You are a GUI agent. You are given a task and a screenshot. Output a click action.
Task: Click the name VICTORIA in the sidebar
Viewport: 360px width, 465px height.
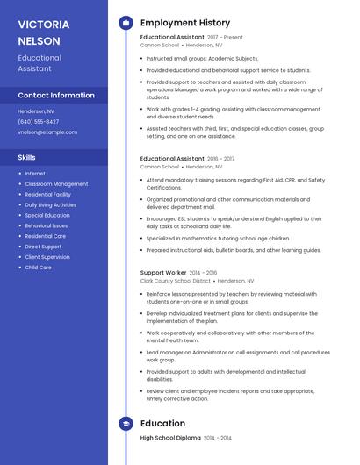pyautogui.click(x=42, y=24)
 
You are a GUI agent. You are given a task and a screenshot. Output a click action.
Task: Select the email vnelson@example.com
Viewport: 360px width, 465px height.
pyautogui.click(x=47, y=132)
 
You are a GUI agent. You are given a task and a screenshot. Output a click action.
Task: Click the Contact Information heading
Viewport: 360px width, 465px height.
pyautogui.click(x=56, y=95)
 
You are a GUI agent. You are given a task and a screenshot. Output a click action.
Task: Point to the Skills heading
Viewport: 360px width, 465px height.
pyautogui.click(x=27, y=157)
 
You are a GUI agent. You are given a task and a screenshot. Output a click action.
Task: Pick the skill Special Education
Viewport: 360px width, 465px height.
pyautogui.click(x=47, y=215)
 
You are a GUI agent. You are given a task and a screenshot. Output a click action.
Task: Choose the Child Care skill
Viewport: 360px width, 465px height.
pyautogui.click(x=38, y=268)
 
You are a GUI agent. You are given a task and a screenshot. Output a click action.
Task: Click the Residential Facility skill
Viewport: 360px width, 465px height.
pyautogui.click(x=48, y=194)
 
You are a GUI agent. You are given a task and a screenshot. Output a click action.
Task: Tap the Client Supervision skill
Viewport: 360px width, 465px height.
pyautogui.click(x=47, y=257)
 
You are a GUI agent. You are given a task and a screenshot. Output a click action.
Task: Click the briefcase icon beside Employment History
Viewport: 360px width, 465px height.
pyautogui.click(x=126, y=23)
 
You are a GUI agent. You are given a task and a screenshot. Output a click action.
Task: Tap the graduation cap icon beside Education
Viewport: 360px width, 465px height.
pyautogui.click(x=126, y=424)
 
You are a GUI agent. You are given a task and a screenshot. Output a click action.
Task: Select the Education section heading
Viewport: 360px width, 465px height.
pyautogui.click(x=162, y=424)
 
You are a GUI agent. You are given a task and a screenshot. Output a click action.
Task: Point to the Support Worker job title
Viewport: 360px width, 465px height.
pyautogui.click(x=162, y=273)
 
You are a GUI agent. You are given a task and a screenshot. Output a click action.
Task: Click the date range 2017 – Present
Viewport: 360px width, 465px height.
pyautogui.click(x=226, y=38)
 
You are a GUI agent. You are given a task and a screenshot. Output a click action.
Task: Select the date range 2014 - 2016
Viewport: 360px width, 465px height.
pyautogui.click(x=203, y=273)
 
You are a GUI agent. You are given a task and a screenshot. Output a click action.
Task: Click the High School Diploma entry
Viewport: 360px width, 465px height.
pyautogui.click(x=170, y=437)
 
